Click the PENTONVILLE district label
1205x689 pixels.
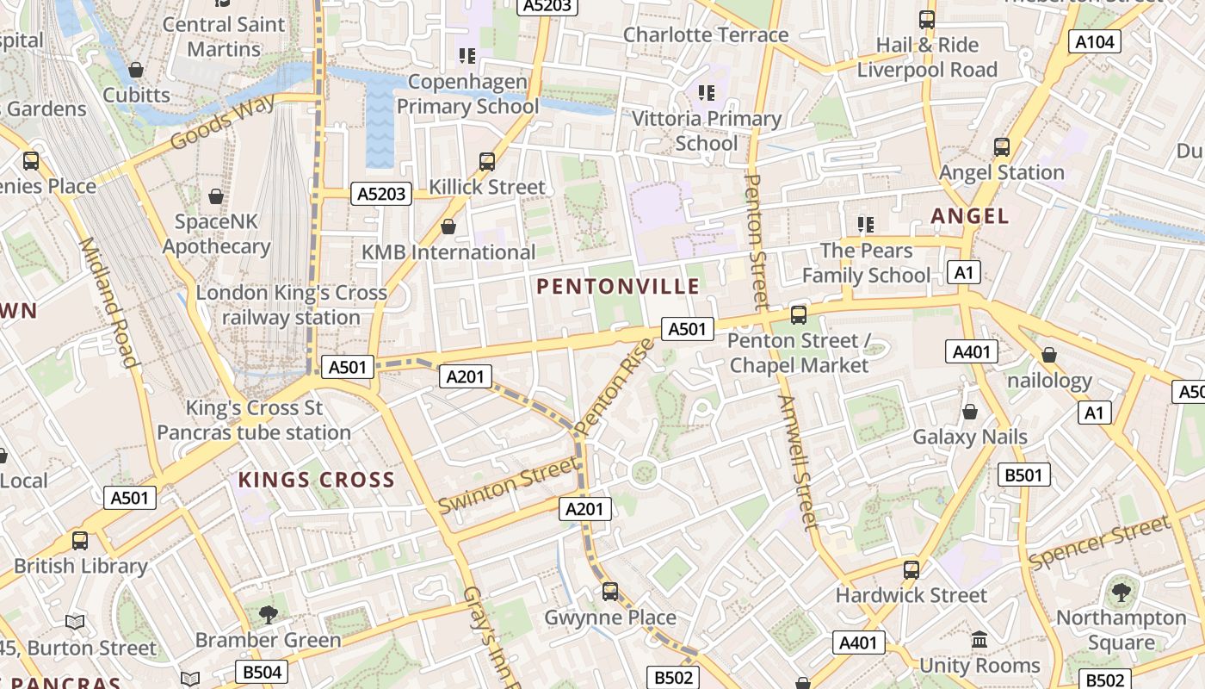(x=618, y=287)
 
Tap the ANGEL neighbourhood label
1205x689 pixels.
(x=969, y=216)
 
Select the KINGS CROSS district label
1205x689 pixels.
(x=316, y=481)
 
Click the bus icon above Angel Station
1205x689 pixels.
(x=1001, y=147)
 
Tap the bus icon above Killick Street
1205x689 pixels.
(x=487, y=162)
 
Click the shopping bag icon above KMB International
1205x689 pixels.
(x=448, y=227)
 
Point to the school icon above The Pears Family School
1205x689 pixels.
(x=865, y=226)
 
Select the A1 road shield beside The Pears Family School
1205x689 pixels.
(x=964, y=273)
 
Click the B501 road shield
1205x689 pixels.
(x=1023, y=475)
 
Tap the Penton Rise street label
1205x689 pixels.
(x=615, y=386)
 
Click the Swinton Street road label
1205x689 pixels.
(x=508, y=485)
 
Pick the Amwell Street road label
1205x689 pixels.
(x=797, y=462)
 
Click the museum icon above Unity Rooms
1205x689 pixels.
(x=979, y=640)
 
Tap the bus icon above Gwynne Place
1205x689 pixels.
(x=609, y=592)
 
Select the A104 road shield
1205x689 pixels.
(x=1095, y=41)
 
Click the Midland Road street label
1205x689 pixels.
(x=108, y=301)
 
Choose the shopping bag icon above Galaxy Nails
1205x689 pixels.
(x=970, y=412)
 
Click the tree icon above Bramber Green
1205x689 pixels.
(x=268, y=614)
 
